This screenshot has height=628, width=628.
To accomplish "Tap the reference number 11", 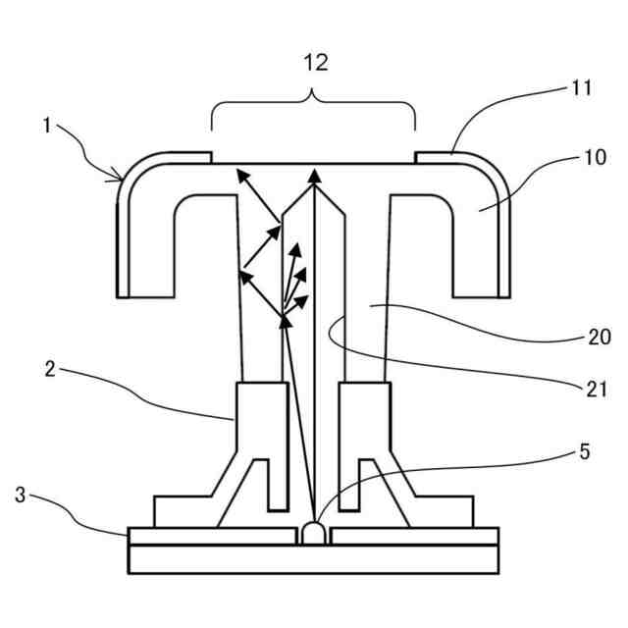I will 581,88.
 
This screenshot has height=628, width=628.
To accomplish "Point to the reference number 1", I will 45,128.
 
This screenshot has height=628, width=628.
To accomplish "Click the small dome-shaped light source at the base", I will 314,533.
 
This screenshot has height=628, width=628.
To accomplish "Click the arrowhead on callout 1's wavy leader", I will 121,179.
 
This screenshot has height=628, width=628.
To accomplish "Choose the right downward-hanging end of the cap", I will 480,280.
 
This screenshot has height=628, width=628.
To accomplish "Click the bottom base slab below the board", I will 313,558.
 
